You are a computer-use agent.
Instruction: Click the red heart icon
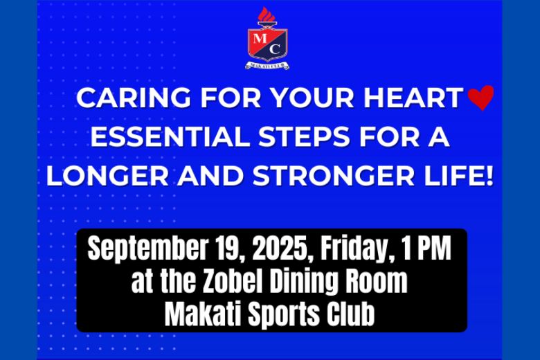point(481,98)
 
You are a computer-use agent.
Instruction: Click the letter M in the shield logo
point(260,37)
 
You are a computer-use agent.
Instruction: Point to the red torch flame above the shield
point(267,15)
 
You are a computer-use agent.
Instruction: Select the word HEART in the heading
point(413,98)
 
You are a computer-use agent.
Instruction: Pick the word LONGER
point(107,176)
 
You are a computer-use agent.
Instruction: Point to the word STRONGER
point(334,176)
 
